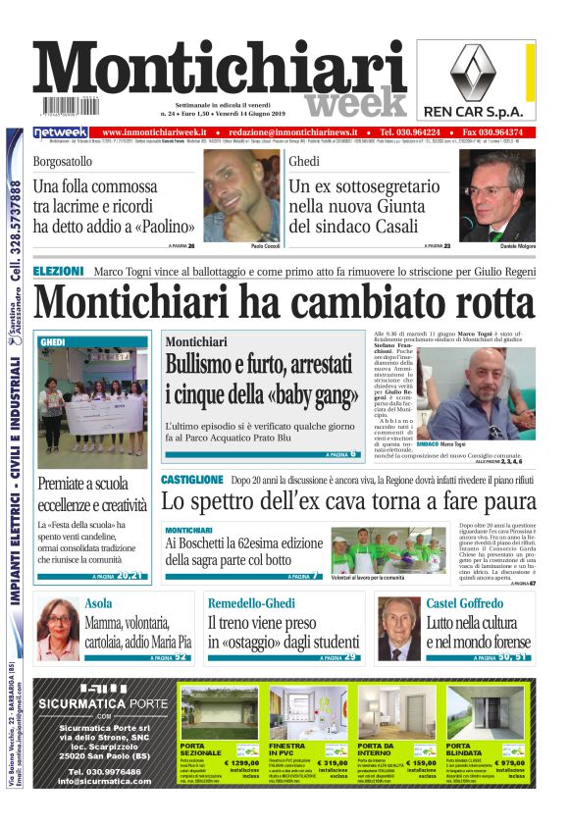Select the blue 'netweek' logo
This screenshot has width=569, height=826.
[61, 132]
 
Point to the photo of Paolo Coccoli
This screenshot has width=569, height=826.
[240, 194]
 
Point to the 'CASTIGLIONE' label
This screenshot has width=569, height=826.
[192, 480]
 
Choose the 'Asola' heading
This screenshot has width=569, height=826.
[99, 603]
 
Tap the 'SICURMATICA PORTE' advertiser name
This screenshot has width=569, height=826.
[102, 704]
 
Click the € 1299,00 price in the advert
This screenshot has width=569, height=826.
[241, 761]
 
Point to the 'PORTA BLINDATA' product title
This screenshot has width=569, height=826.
[464, 750]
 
